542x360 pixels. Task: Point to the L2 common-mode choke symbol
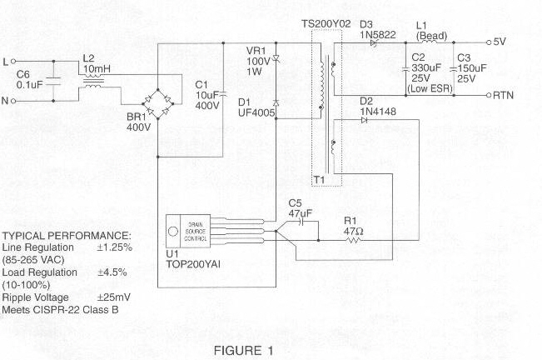pos(92,82)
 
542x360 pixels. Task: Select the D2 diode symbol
pos(365,120)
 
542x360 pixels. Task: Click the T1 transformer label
pos(319,178)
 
